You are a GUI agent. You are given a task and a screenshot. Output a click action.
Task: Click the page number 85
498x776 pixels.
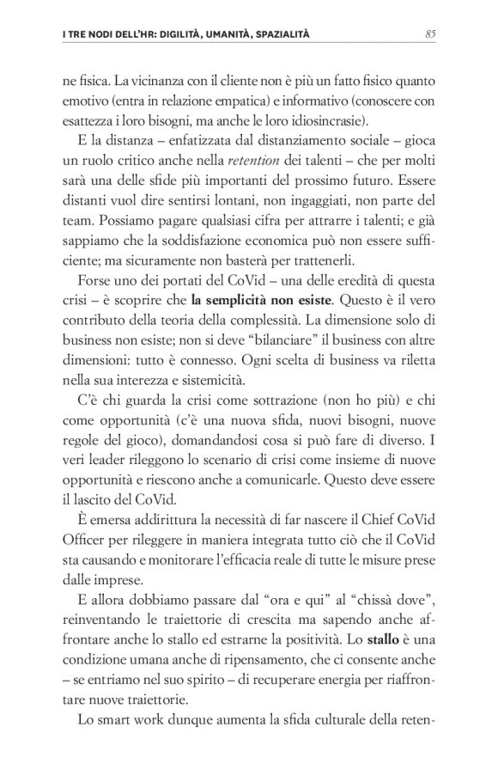(431, 34)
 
